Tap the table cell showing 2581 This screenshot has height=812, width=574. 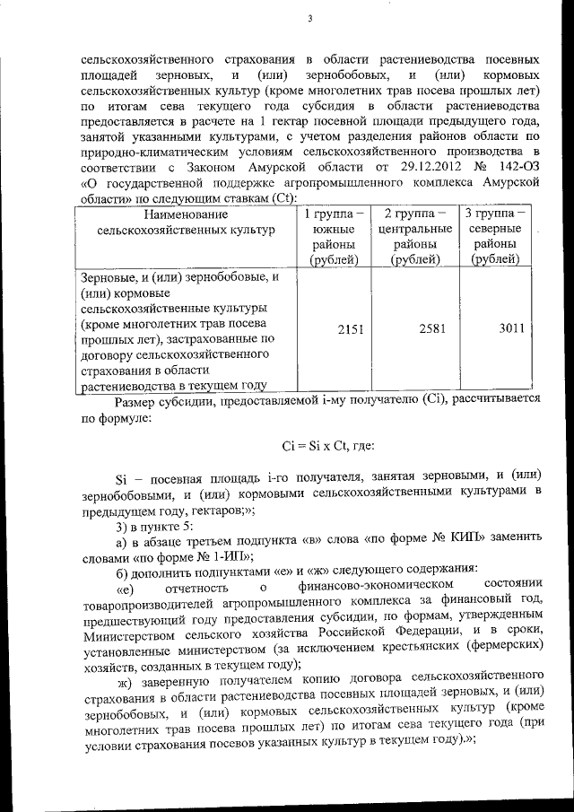point(419,330)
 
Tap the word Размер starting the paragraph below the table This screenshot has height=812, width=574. point(137,401)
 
